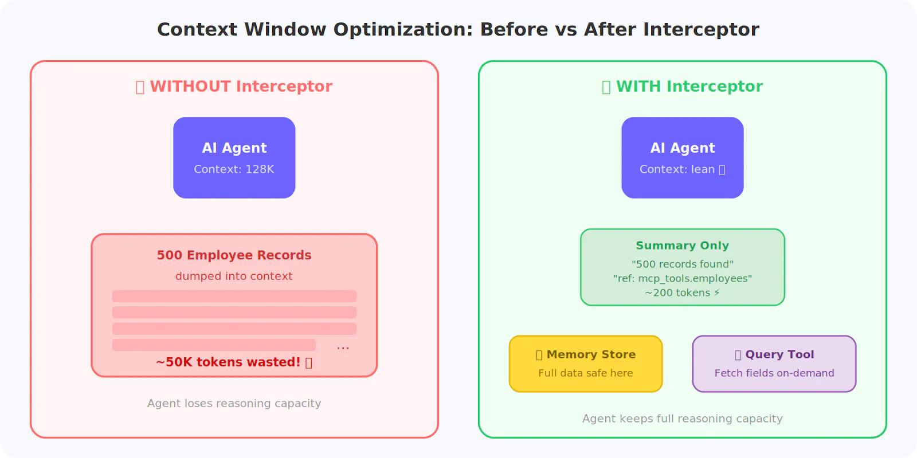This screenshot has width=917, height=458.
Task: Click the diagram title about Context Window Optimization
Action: pos(458,29)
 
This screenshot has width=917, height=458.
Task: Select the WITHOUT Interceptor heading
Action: pos(234,86)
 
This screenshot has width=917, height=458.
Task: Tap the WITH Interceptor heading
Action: pos(682,86)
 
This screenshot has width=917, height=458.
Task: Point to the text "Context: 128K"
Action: pos(234,169)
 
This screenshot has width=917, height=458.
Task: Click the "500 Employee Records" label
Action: pos(234,255)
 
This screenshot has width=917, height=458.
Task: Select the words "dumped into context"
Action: pos(234,276)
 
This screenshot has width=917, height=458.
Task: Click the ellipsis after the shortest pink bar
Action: pos(343,347)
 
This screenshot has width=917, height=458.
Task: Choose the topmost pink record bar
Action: pos(234,296)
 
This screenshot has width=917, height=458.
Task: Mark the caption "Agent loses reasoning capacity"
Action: pos(234,404)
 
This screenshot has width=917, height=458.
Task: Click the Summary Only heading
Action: pos(682,246)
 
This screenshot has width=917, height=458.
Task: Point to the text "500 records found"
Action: pos(682,264)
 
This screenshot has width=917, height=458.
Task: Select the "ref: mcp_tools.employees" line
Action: pos(682,279)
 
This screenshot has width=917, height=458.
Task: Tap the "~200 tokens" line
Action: pos(682,293)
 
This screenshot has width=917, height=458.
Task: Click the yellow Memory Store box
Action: pos(585,364)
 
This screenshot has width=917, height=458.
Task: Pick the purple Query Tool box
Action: pos(774,364)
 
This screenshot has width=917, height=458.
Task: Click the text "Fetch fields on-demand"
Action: pos(774,373)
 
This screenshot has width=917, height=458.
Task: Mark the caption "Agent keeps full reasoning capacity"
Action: pos(682,418)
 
